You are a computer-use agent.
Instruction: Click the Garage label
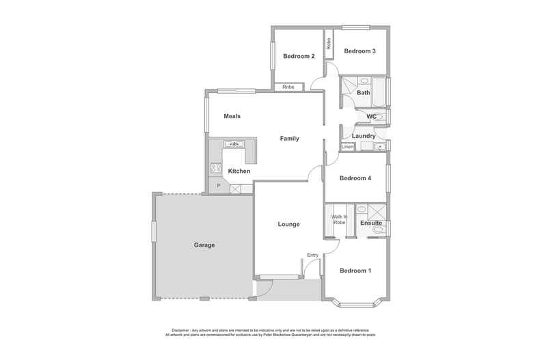204,245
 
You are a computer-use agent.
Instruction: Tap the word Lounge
288,224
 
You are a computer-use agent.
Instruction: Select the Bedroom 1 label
355,271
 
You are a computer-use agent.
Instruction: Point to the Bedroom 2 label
299,56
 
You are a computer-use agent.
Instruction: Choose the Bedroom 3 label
360,51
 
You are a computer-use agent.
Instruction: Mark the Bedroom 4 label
355,178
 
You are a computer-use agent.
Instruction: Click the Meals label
232,116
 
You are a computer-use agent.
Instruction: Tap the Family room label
290,139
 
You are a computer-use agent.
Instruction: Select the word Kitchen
239,171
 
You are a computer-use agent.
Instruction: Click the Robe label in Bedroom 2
288,87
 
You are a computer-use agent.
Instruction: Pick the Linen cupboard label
347,147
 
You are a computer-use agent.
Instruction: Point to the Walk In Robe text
340,220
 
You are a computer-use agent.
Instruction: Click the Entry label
312,255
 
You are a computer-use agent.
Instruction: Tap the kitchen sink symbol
233,144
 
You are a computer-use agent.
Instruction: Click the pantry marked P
218,186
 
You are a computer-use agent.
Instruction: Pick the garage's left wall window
154,231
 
